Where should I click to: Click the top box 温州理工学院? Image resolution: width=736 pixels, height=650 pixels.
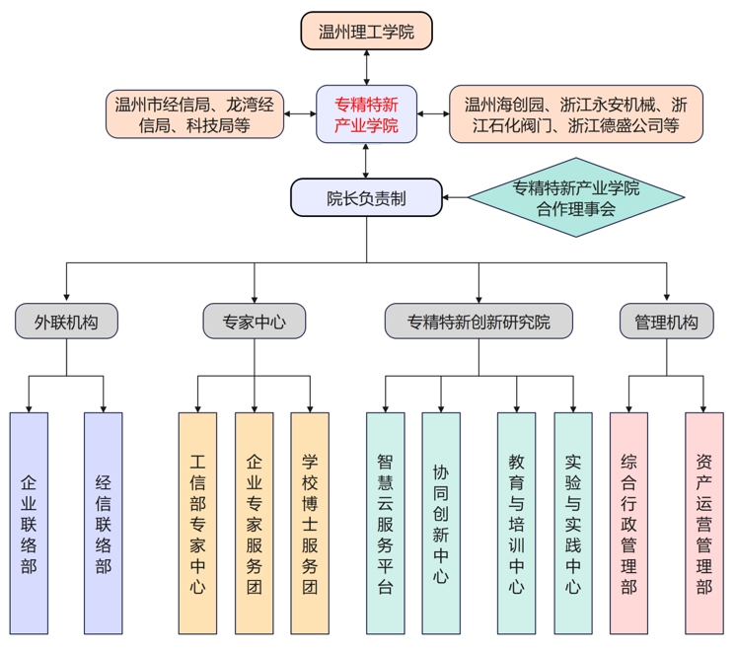pyautogui.click(x=366, y=31)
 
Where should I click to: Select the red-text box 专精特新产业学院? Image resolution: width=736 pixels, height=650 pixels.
pyautogui.click(x=366, y=113)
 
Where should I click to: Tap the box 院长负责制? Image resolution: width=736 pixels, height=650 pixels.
pyautogui.click(x=366, y=197)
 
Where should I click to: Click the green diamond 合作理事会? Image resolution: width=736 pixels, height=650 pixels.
pyautogui.click(x=575, y=197)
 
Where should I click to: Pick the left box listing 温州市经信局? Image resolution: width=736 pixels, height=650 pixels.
pyautogui.click(x=194, y=113)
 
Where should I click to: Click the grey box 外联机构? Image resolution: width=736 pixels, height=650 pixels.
pyautogui.click(x=66, y=322)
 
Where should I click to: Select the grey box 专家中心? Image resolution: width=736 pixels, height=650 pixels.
pyautogui.click(x=255, y=322)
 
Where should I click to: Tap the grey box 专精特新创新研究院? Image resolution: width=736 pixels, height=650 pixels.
pyautogui.click(x=479, y=322)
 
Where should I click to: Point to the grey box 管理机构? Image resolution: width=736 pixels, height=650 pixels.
pyautogui.click(x=666, y=322)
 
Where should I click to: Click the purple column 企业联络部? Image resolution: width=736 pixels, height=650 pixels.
pyautogui.click(x=29, y=523)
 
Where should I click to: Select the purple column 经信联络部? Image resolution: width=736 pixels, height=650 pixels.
pyautogui.click(x=103, y=523)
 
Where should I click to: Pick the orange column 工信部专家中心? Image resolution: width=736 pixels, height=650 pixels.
pyautogui.click(x=197, y=523)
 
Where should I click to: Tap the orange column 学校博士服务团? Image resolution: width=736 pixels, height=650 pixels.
pyautogui.click(x=310, y=523)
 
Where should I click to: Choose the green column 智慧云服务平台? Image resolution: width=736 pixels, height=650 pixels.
pyautogui.click(x=385, y=523)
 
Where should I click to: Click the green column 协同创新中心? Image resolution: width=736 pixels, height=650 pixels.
pyautogui.click(x=441, y=523)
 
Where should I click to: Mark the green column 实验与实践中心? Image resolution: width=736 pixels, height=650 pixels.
pyautogui.click(x=573, y=523)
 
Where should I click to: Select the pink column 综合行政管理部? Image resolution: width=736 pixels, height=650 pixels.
pyautogui.click(x=628, y=523)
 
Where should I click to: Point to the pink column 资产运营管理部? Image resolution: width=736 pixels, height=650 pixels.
pyautogui.click(x=703, y=523)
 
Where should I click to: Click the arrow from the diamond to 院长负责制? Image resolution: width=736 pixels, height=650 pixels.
pyautogui.click(x=455, y=197)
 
